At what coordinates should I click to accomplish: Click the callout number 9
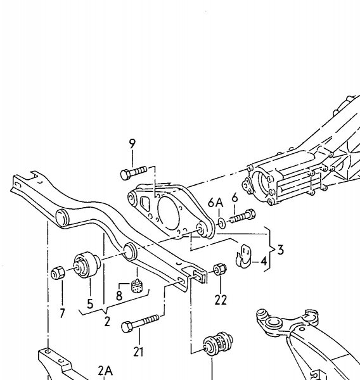132,144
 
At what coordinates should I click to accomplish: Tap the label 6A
215,203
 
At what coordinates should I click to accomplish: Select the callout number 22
221,300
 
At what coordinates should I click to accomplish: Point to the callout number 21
138,351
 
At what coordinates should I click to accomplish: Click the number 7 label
62,313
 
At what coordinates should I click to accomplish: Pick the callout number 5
90,303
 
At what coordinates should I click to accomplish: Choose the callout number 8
119,296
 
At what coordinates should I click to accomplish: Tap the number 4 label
264,261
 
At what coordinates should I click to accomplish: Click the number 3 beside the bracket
280,250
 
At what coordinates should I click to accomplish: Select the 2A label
105,370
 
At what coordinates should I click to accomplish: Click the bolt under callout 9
134,172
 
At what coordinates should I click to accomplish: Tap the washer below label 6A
222,223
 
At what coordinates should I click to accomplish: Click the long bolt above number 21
140,323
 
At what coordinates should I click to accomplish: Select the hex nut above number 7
58,272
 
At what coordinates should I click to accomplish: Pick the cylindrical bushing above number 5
87,265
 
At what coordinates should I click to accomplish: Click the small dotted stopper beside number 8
137,286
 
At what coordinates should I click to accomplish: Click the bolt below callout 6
242,217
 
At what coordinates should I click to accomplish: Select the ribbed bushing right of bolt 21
218,343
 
